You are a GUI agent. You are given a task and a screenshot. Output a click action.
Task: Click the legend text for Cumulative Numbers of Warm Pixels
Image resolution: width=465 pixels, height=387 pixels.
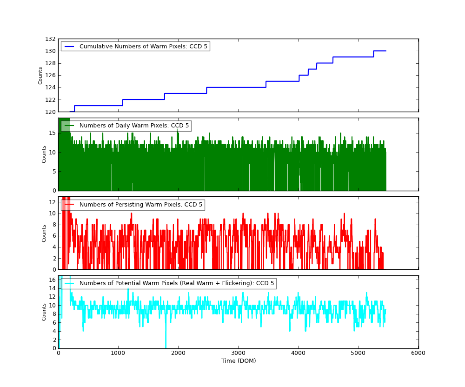pos(143,47)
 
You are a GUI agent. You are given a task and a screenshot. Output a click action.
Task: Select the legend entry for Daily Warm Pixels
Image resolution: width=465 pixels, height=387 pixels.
pos(134,126)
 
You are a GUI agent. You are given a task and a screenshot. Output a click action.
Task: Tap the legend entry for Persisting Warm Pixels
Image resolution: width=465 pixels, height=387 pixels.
pos(141,205)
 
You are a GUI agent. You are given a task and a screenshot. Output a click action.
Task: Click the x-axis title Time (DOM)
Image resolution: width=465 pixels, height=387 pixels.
pos(238,361)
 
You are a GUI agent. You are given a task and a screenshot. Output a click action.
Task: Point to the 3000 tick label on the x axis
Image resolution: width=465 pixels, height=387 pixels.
pos(238,353)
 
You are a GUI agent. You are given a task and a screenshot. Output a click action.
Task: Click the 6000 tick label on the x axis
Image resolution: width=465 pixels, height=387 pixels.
pos(418,353)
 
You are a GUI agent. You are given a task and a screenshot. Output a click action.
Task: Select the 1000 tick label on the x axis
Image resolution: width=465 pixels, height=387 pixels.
pos(118,353)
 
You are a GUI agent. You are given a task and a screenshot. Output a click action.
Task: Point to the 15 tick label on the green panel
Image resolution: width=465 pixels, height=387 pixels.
pos(52,133)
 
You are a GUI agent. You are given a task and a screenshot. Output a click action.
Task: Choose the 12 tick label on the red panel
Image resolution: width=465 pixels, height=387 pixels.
pos(52,202)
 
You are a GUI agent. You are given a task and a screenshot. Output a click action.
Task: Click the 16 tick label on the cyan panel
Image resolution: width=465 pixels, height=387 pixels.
pos(52,280)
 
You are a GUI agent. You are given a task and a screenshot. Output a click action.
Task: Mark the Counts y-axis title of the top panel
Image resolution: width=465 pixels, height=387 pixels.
pos(40,75)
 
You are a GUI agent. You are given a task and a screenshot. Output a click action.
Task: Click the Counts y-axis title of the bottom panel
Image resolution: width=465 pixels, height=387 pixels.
pos(44,312)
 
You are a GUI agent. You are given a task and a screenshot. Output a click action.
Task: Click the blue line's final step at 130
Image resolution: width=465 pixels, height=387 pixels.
pos(379,51)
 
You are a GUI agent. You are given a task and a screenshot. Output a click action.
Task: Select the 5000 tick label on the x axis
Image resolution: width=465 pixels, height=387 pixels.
pos(358,353)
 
